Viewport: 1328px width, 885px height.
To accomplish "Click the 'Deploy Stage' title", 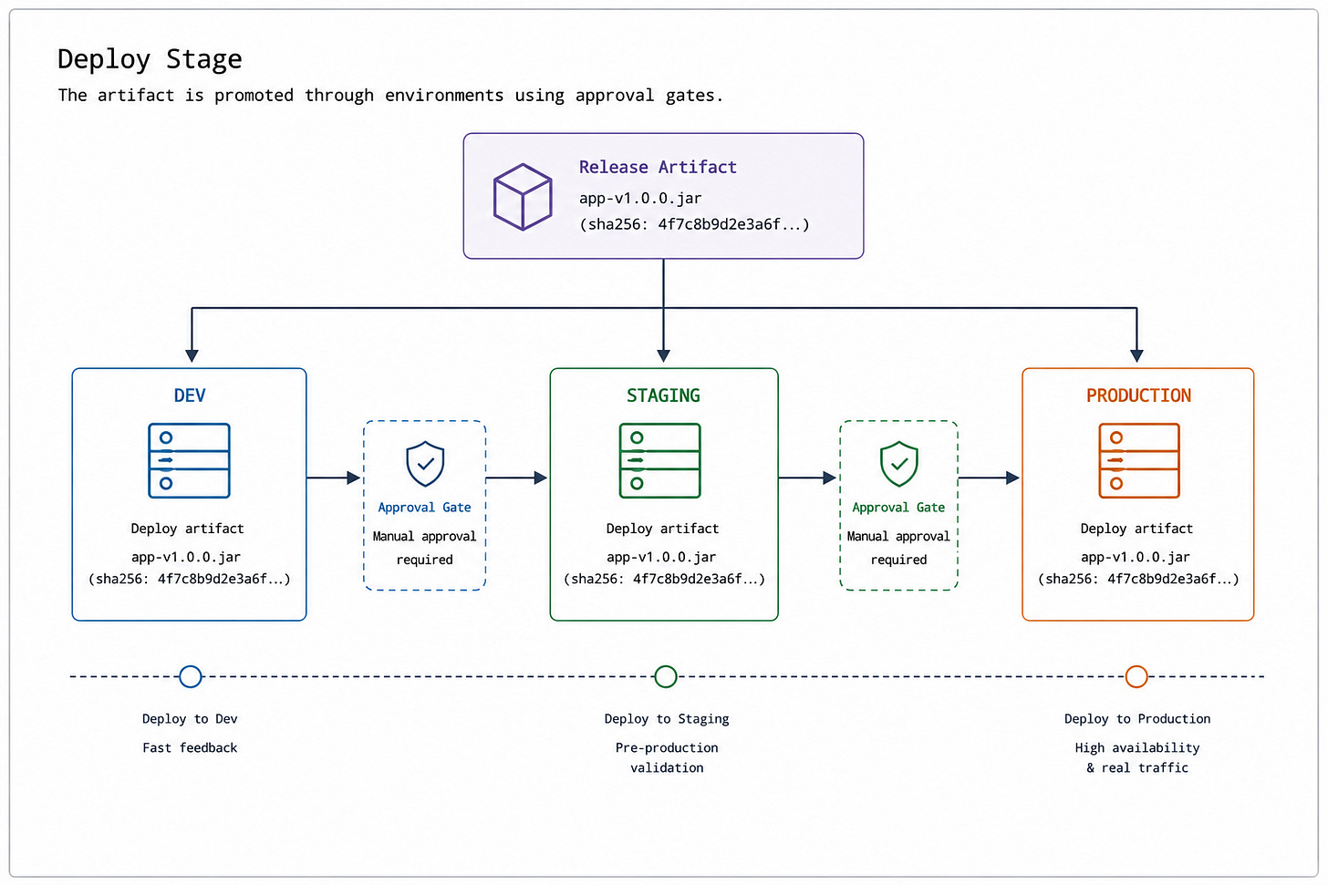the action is [150, 60].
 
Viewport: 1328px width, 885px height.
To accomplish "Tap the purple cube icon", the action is [523, 197].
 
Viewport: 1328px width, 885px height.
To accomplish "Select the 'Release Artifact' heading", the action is [658, 167].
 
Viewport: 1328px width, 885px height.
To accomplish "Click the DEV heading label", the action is [190, 396].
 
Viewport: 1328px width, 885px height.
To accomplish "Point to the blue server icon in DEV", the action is [189, 460].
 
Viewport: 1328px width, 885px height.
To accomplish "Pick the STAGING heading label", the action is [663, 396].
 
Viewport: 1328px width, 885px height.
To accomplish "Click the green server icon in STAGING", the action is [659, 460].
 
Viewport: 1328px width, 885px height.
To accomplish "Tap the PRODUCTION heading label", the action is [1138, 396].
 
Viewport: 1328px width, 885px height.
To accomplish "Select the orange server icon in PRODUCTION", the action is [1139, 460].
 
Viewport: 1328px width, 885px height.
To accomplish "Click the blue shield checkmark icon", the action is [425, 464].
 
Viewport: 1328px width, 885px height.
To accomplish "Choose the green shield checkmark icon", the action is [898, 464].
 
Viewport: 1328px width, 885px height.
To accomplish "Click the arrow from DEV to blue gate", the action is [333, 478].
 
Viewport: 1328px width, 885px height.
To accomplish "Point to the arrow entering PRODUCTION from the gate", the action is [989, 478].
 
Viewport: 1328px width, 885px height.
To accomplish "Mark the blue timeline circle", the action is [191, 676].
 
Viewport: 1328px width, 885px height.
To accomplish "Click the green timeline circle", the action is [665, 676].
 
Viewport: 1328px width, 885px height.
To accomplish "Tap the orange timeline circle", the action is [1136, 676].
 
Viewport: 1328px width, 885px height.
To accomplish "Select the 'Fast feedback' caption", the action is [190, 747].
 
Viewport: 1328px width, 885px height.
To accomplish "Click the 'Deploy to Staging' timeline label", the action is [667, 719].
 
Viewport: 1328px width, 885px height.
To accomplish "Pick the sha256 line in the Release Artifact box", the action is [694, 224].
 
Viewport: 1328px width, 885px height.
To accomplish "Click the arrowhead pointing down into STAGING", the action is [663, 355].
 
